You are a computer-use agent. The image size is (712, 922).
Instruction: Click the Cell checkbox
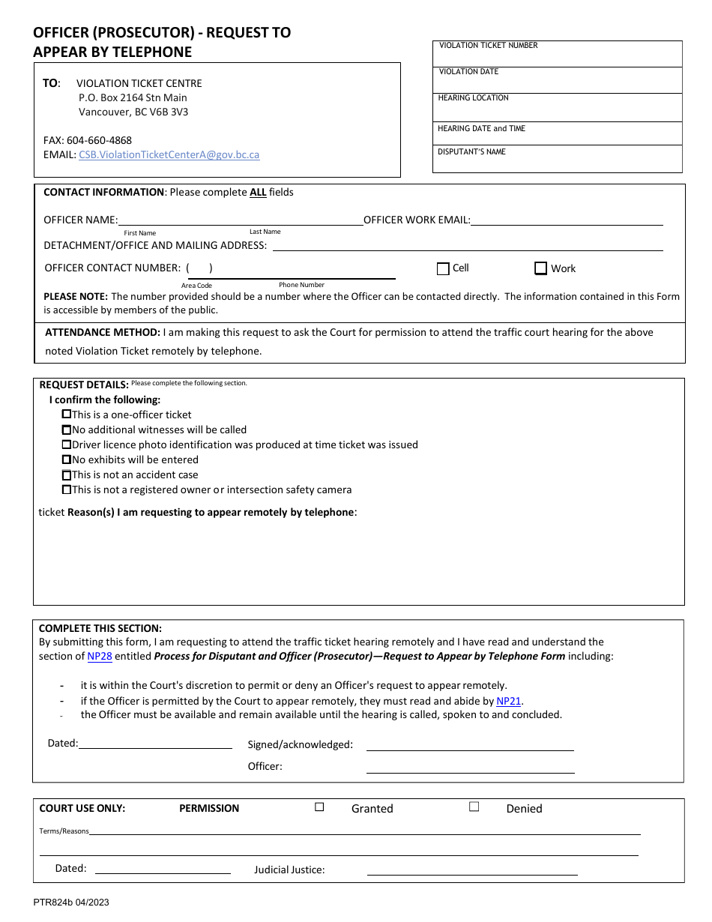pos(443,268)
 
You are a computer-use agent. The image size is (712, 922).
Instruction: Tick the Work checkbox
pos(540,268)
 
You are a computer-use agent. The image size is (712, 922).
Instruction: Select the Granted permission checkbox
pos(319,807)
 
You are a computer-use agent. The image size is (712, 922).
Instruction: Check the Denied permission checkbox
pos(474,807)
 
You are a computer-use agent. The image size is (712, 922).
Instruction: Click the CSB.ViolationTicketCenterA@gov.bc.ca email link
pos(169,154)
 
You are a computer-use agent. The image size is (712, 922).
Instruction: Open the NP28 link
pos(100,656)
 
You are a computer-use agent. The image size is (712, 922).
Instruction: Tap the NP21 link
pos(508,702)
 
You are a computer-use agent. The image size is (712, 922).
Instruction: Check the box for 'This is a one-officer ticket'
pos(67,415)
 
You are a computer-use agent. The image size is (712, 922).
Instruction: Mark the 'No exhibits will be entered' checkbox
pos(67,460)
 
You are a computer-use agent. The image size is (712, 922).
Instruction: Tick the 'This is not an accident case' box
pos(67,474)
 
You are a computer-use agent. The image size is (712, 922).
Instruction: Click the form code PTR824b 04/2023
pos(71,903)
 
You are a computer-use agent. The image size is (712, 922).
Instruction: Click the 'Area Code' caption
pos(196,286)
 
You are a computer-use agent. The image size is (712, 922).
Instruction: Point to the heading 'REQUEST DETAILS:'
pos(84,385)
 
